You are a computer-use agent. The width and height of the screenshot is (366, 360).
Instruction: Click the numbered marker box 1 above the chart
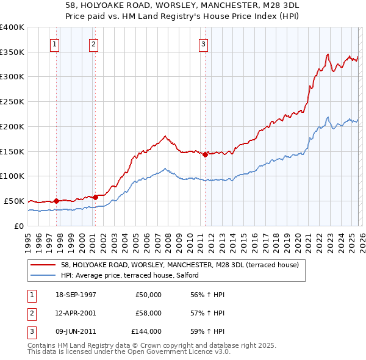point(55,44)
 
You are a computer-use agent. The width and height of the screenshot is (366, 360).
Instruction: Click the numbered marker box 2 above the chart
point(93,44)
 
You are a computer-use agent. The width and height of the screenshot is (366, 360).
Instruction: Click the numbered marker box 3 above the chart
point(203,44)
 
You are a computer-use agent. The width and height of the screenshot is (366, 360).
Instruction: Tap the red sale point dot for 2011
point(205,154)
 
